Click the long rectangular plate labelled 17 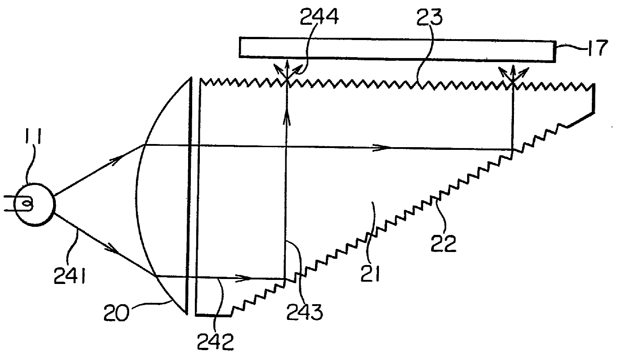pyautogui.click(x=396, y=47)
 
